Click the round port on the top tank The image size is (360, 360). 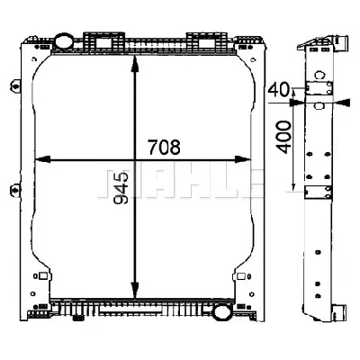pyautogui.click(x=64, y=41)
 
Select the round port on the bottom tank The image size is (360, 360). pyautogui.click(x=221, y=311)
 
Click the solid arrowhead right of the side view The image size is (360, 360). pyautogui.click(x=342, y=103)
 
